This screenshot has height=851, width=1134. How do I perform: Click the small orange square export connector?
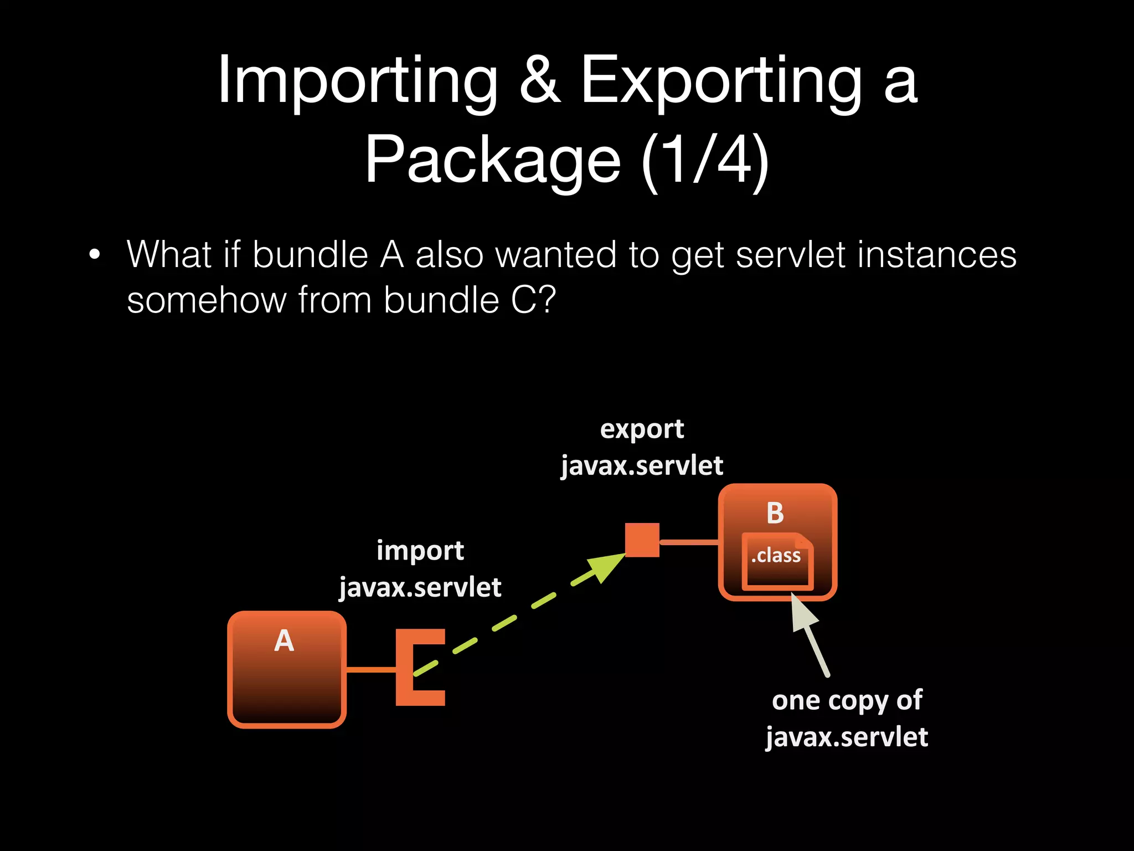click(642, 540)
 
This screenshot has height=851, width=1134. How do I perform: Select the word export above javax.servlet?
click(642, 429)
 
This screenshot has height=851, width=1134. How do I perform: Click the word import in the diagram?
click(420, 551)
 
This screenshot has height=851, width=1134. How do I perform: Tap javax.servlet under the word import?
click(420, 588)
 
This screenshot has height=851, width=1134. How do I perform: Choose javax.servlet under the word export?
click(642, 465)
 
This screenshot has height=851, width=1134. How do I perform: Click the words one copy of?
click(847, 700)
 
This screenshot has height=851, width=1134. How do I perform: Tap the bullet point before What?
click(95, 255)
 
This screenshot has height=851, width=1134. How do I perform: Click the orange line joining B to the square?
click(689, 542)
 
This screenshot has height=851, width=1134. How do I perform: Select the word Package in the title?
click(492, 161)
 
